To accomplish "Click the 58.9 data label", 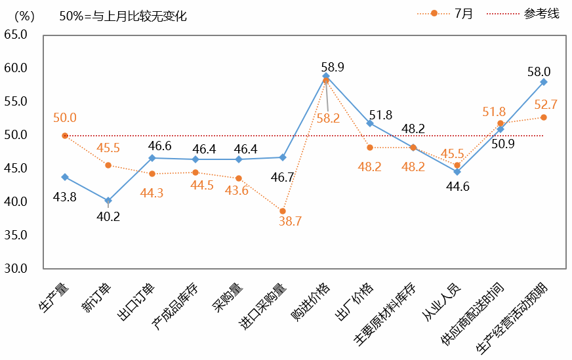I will [x=333, y=66].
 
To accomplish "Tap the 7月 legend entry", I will [x=463, y=13].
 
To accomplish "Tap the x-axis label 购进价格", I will [x=312, y=299].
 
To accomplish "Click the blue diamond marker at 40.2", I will [x=108, y=201].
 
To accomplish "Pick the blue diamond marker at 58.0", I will [x=544, y=82].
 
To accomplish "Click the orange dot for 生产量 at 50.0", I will [x=65, y=136].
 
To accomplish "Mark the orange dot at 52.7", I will [x=544, y=117].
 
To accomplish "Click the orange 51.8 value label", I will [x=494, y=112].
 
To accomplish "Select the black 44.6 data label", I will [x=457, y=186].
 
